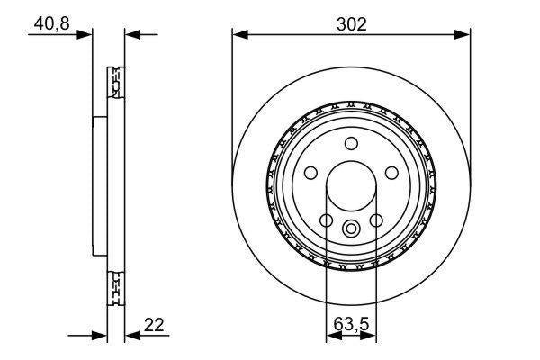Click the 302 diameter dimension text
coord(351,23)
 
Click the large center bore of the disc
coord(352,186)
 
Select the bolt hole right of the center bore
coord(392,173)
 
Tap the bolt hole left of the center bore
coord(310,173)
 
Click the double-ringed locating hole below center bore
coord(352,228)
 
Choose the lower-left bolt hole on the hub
coord(327,220)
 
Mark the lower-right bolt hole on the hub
coord(377,220)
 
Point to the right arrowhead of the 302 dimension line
coord(465,34)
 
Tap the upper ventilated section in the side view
coord(115,83)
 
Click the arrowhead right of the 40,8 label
coord(87,34)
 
